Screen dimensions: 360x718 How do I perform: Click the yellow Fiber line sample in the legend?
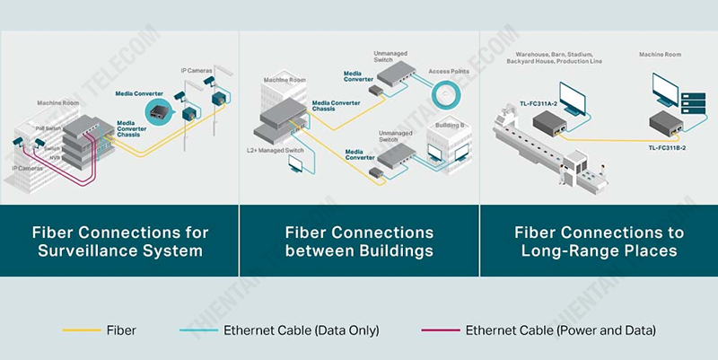[x=81, y=330]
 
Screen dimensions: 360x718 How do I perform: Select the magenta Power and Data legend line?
[x=440, y=330]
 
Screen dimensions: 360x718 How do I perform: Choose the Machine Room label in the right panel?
[x=660, y=54]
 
